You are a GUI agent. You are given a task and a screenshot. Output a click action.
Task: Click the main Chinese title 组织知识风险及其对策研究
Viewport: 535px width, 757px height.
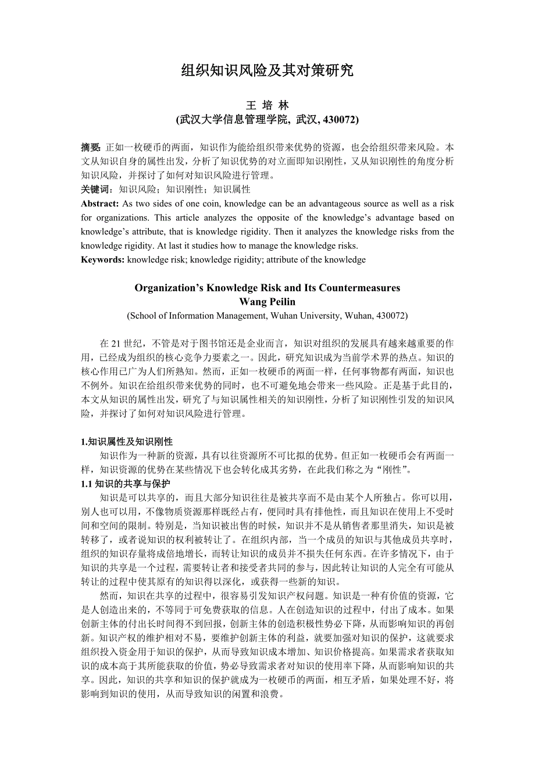tap(267, 71)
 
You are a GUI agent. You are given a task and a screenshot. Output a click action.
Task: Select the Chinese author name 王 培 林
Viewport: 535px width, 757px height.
tap(267, 105)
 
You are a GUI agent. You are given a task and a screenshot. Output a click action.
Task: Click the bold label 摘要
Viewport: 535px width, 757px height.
tap(90, 147)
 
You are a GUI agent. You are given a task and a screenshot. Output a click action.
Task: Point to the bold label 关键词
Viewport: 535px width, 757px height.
tap(95, 189)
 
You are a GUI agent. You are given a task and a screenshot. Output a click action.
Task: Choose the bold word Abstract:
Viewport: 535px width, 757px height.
tap(100, 203)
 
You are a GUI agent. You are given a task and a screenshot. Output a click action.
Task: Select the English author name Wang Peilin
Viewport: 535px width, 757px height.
tap(267, 301)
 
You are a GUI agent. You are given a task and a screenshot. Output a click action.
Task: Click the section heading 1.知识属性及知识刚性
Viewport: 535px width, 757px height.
tap(127, 442)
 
